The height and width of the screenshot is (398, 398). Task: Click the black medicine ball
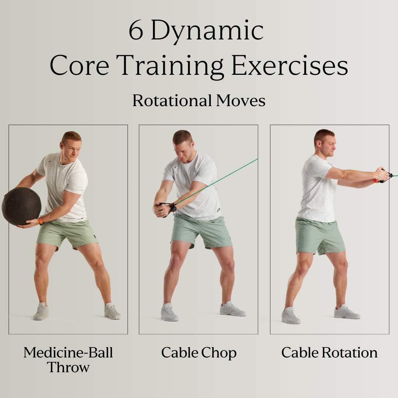tap(21, 206)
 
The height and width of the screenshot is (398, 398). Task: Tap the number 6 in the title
tap(136, 30)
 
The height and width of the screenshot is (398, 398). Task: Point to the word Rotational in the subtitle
tap(172, 101)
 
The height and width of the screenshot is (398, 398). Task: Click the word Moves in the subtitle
tap(241, 101)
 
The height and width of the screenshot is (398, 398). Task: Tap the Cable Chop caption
tap(199, 353)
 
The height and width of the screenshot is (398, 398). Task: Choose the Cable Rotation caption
tap(329, 353)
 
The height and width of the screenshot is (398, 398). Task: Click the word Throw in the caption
tap(68, 367)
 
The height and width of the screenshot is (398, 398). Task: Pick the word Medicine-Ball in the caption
tap(68, 353)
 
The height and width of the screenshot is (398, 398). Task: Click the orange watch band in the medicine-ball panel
tap(41, 221)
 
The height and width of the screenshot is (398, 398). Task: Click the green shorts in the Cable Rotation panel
tap(320, 236)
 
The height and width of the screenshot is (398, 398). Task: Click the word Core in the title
tap(80, 65)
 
